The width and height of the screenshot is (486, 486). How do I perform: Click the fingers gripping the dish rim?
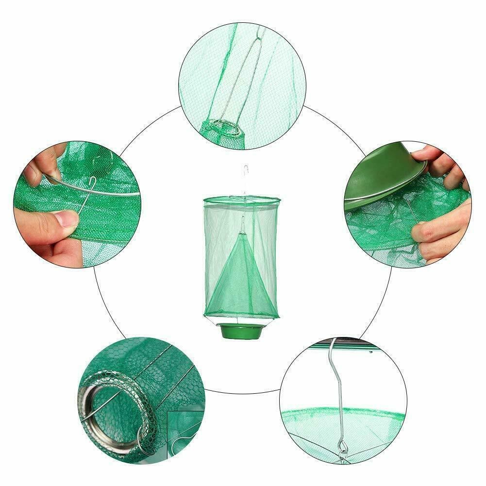[437, 160]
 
